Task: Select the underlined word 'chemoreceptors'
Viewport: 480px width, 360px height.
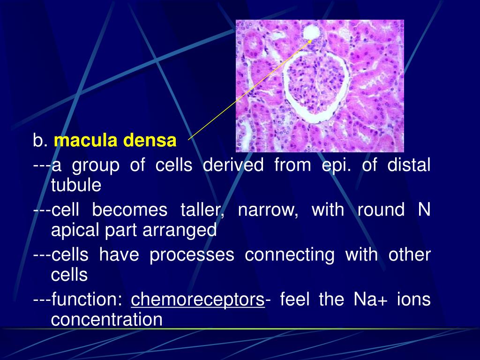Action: tap(198, 300)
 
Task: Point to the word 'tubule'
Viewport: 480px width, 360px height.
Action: tap(76, 185)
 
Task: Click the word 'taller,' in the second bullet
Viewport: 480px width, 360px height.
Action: tap(202, 210)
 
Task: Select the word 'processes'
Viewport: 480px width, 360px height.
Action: tap(192, 255)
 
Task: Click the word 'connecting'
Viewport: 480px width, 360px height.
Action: tap(290, 255)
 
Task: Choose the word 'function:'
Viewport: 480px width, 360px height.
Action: tap(87, 299)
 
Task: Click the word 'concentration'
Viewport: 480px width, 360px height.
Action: tap(106, 319)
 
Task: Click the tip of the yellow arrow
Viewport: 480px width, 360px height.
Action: tap(312, 40)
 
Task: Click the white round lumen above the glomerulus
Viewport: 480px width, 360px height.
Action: tap(312, 32)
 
